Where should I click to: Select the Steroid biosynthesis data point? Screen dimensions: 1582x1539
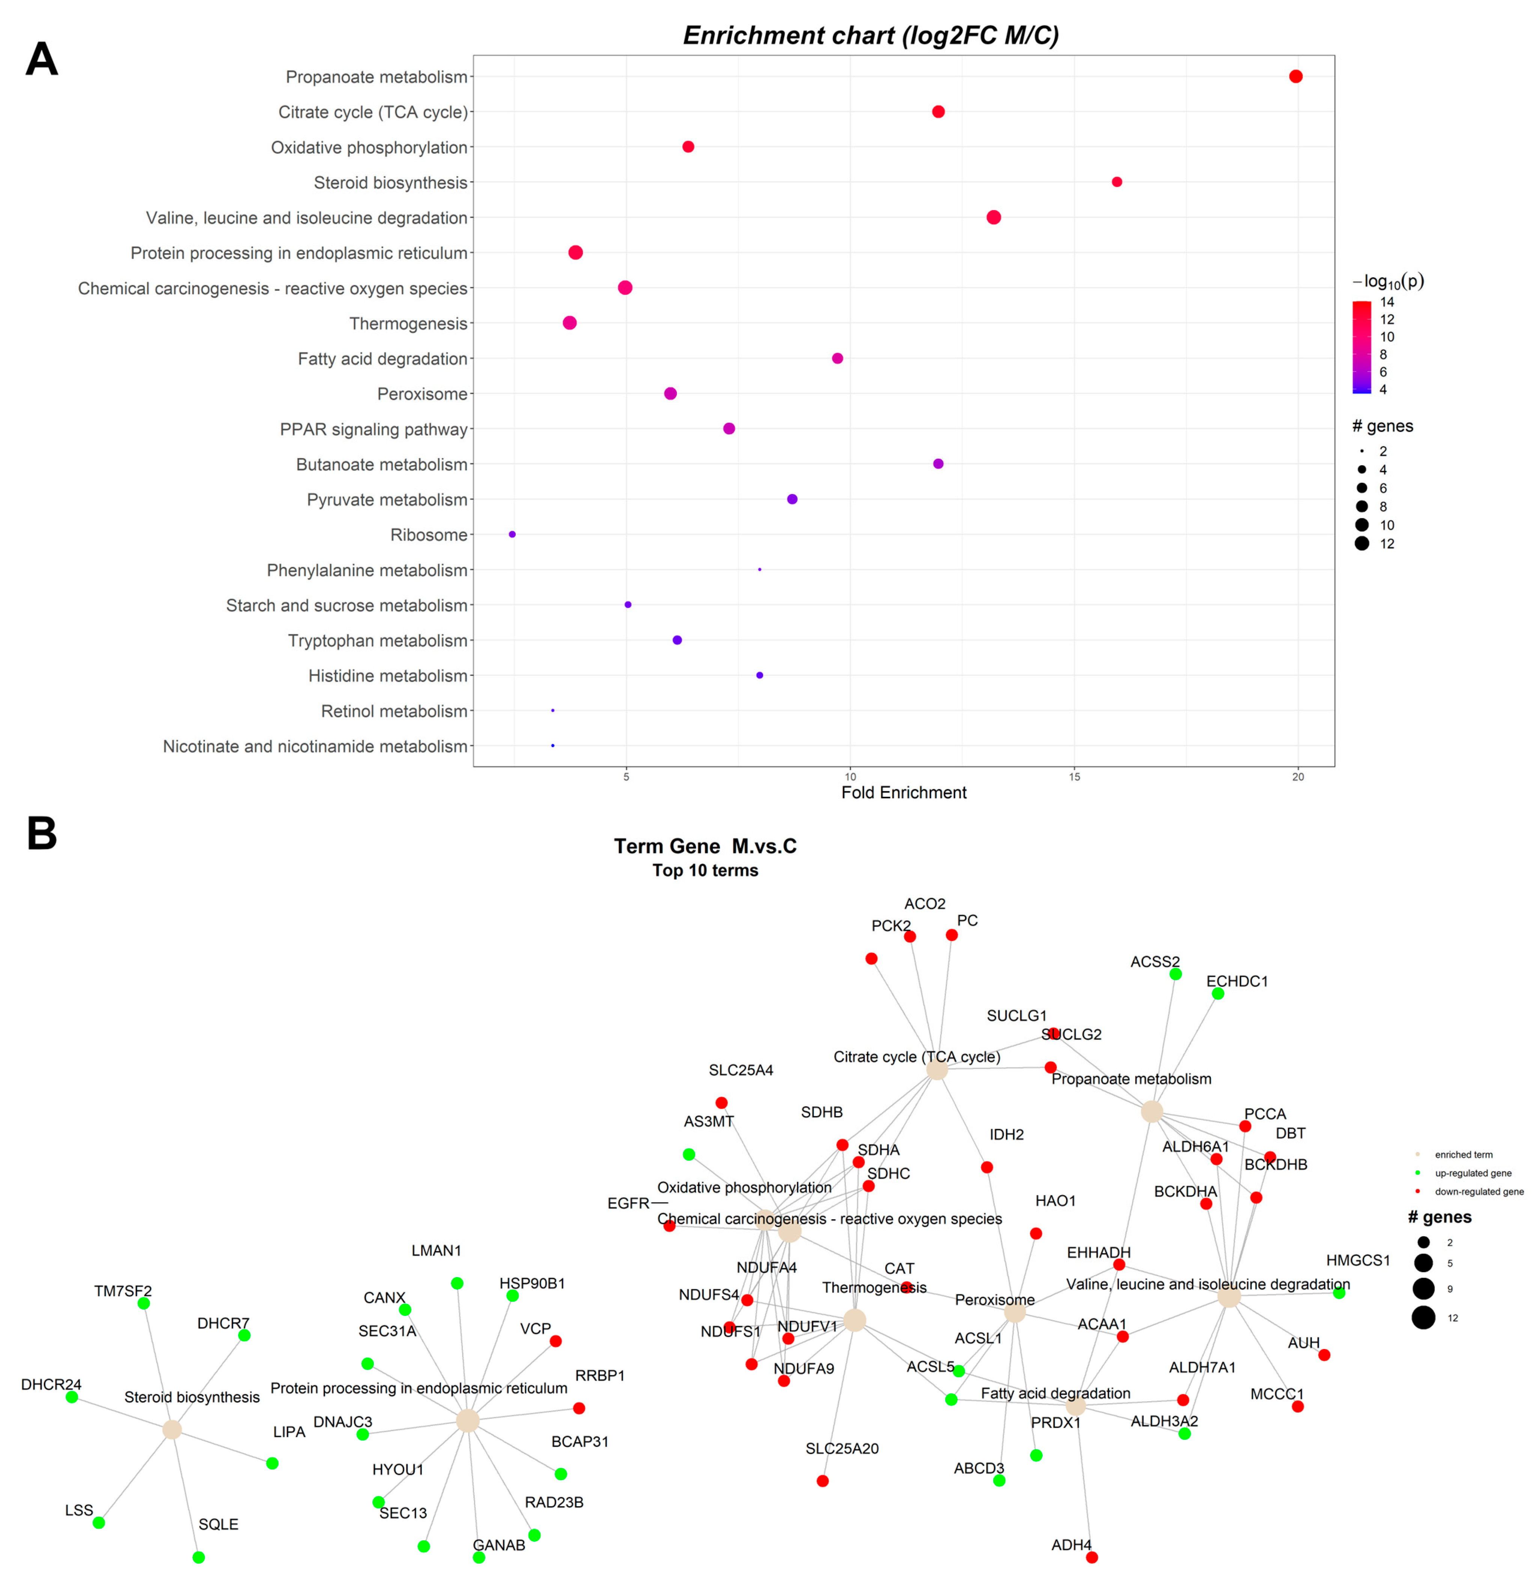pyautogui.click(x=1116, y=182)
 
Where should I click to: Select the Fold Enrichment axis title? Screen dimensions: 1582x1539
pyautogui.click(x=904, y=793)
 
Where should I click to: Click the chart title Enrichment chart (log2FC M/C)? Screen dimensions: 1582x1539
pyautogui.click(x=870, y=36)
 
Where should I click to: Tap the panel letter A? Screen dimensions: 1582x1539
pyautogui.click(x=42, y=60)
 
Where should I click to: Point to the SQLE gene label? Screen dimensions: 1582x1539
pyautogui.click(x=218, y=1524)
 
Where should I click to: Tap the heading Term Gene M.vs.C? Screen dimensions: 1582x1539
pyautogui.click(x=705, y=846)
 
